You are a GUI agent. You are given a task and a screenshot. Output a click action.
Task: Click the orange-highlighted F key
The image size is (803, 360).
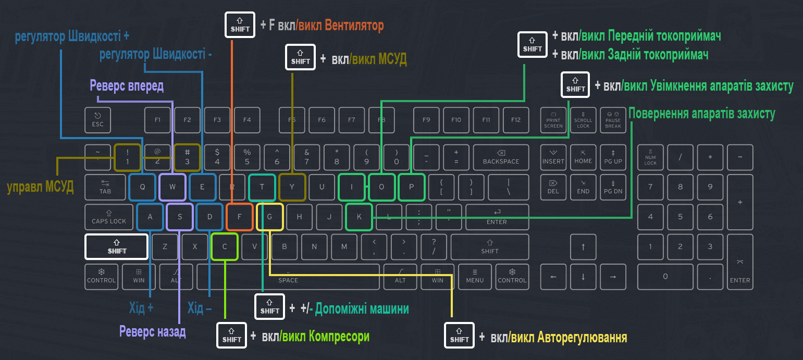240,217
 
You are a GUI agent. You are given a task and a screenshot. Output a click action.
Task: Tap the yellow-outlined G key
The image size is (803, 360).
270,217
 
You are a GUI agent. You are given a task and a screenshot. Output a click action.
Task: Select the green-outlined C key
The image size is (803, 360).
225,246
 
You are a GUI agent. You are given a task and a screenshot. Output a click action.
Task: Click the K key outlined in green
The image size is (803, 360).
359,217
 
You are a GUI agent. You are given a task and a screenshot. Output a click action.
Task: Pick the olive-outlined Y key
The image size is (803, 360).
292,187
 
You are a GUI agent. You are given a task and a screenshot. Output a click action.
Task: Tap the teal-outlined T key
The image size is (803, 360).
262,187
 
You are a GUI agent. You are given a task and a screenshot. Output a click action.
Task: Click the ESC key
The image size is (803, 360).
98,120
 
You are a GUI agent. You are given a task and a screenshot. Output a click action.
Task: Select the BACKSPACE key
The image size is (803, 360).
501,157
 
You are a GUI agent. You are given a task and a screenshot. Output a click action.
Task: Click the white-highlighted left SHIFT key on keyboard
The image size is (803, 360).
117,246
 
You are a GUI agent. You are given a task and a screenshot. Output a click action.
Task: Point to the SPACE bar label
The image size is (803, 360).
288,280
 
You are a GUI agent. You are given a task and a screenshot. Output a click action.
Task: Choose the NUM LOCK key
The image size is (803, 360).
650,157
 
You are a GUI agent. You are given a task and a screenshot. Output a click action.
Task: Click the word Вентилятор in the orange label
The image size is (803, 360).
354,24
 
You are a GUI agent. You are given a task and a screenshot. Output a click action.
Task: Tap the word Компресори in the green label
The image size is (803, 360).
339,336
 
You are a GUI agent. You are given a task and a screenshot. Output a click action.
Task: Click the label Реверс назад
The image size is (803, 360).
152,331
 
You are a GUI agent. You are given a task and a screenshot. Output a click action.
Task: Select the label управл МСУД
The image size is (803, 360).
40,187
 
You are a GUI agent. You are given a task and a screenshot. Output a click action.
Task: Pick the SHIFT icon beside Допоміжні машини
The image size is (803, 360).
270,307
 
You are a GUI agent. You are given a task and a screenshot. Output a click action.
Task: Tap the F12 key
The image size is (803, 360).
516,120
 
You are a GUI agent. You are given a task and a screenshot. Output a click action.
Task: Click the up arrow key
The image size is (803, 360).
583,246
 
